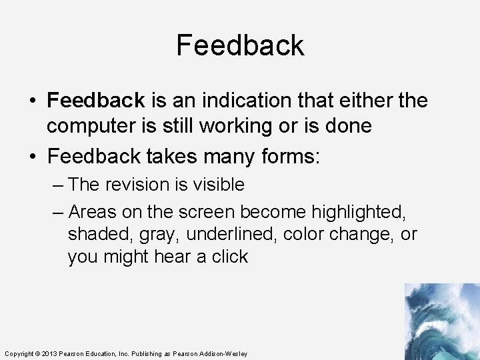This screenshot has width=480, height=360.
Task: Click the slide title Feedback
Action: point(240,45)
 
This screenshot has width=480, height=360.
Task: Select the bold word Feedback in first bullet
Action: point(96,101)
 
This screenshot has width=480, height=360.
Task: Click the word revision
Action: point(134,185)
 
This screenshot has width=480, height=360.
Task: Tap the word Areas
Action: point(92,212)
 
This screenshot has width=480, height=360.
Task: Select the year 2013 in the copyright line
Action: point(51,353)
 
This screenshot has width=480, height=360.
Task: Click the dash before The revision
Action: point(58,185)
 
